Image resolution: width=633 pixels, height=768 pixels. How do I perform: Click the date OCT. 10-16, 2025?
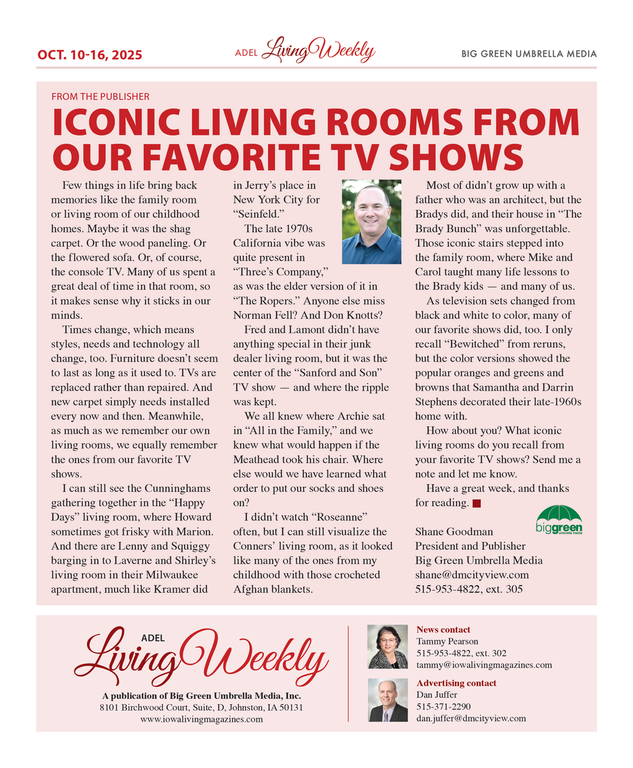[89, 55]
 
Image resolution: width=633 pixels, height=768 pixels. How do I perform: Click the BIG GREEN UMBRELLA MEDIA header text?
[529, 54]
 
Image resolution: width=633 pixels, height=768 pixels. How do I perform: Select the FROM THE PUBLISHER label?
[100, 96]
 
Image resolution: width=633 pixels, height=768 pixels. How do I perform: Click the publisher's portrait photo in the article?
[371, 222]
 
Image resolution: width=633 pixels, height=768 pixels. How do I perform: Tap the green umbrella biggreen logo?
[559, 520]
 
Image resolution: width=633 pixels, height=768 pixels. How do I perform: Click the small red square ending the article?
[477, 504]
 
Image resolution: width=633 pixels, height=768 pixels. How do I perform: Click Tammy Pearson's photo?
[387, 646]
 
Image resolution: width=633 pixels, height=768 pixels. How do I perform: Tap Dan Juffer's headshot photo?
[387, 699]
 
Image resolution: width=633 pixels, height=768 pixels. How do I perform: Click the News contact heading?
[444, 630]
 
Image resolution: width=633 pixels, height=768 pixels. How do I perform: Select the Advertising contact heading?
[456, 683]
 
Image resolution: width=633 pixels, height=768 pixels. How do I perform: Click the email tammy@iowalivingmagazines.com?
[484, 665]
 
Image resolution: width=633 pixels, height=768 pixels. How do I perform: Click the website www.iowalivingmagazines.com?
[202, 719]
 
